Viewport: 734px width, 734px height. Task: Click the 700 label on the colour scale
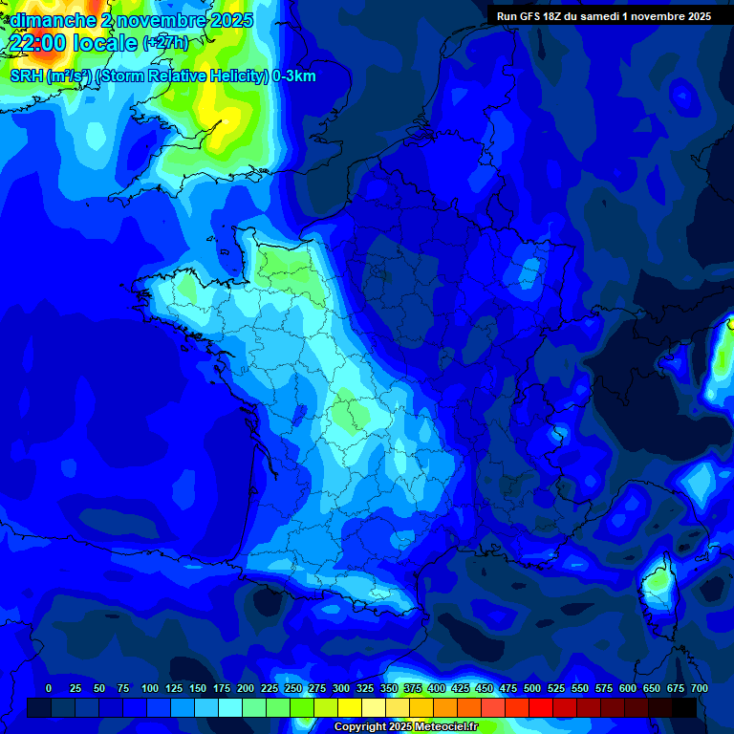[x=699, y=688]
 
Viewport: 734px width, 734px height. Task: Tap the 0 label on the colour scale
[x=49, y=688]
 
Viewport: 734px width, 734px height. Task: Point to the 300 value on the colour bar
[x=341, y=688]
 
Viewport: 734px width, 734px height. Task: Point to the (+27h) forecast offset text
[x=165, y=43]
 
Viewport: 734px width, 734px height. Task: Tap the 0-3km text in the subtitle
[x=293, y=76]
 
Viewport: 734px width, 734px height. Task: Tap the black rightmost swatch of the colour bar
[x=684, y=707]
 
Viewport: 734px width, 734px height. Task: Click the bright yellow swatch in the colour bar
[x=350, y=707]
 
